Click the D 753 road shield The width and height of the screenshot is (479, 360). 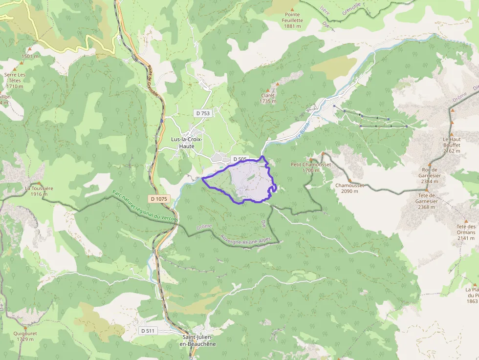(x=202, y=113)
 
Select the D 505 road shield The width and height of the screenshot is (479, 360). (x=239, y=159)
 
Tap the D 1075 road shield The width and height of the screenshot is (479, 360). (x=159, y=199)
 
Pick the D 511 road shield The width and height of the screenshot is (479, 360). (x=148, y=331)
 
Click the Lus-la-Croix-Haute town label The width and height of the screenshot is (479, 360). (x=186, y=142)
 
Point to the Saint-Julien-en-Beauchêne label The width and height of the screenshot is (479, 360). (x=199, y=340)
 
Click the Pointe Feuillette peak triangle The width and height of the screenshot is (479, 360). (x=293, y=9)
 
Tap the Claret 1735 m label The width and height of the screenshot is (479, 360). (x=268, y=98)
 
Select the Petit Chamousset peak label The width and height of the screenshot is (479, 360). (x=311, y=167)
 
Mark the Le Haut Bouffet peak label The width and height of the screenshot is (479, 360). (x=452, y=145)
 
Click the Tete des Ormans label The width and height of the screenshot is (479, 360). (x=466, y=232)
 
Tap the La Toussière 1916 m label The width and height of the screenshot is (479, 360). (x=39, y=191)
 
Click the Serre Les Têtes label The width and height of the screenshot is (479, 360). (x=15, y=80)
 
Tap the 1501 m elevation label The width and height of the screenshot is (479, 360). (x=30, y=56)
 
